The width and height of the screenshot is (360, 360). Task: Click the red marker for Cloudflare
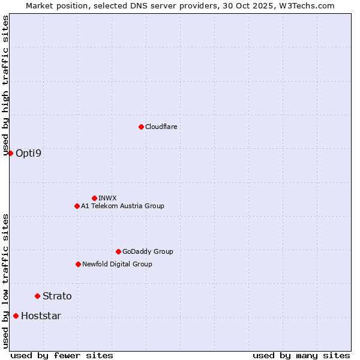click(141, 127)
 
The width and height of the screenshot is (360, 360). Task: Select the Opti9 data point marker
click(10, 153)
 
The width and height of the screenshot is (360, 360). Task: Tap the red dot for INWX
click(94, 198)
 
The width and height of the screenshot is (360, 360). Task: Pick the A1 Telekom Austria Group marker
click(77, 206)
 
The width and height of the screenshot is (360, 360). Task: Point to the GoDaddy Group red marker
click(118, 251)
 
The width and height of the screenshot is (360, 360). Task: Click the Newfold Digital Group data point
click(78, 264)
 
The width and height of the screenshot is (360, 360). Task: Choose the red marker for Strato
click(37, 296)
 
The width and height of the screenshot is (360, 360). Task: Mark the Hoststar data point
click(16, 316)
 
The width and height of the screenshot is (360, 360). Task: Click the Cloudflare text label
click(161, 127)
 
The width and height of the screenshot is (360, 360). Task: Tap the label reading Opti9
click(29, 153)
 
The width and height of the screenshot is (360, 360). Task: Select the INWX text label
click(107, 198)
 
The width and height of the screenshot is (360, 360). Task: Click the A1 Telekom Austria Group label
click(122, 206)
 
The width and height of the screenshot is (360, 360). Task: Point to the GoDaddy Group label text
click(148, 251)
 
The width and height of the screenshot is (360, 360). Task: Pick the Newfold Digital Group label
click(117, 264)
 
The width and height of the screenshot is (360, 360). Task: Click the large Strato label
click(57, 296)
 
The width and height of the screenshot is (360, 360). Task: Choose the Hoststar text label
click(41, 316)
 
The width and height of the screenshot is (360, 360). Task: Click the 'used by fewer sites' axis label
click(62, 355)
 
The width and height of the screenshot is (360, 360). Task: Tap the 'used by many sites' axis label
click(301, 355)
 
